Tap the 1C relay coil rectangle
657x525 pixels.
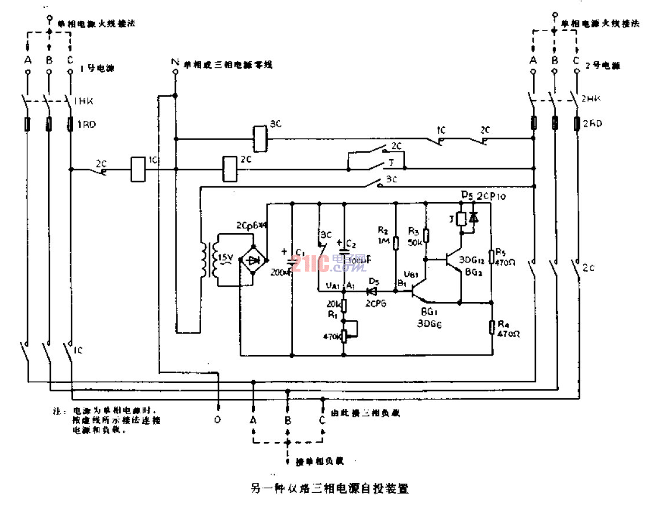pos(137,169)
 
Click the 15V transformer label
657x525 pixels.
pos(225,258)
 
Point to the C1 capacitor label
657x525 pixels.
pos(300,252)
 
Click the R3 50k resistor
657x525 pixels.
pos(426,235)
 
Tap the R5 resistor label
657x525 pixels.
pos(501,252)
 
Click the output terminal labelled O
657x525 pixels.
pos(218,419)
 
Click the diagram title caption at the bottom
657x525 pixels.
pos(328,488)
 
